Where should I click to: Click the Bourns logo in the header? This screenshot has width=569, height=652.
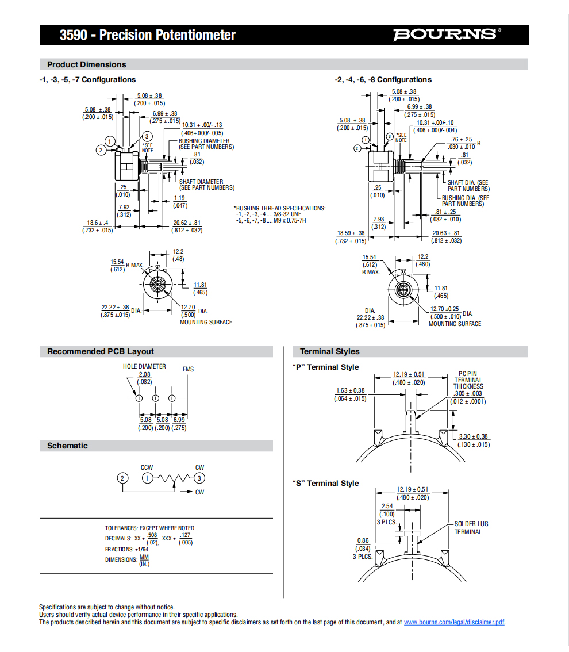447,34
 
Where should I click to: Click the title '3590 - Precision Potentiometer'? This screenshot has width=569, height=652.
148,35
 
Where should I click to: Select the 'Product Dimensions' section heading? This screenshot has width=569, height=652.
86,64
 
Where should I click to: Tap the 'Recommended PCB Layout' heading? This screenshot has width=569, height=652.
101,351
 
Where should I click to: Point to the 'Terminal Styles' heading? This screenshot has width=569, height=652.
329,351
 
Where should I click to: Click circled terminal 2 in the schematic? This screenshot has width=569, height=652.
122,478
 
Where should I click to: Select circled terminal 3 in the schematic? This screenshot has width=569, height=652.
199,478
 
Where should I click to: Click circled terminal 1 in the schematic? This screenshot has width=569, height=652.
147,478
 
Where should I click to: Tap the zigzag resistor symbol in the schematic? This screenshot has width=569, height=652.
174,479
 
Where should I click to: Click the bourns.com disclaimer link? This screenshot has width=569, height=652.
454,622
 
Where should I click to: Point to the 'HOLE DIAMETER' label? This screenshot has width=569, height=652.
144,366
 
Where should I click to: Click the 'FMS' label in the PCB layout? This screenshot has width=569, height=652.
189,369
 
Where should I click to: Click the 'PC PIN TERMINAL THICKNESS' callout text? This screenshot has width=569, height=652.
468,380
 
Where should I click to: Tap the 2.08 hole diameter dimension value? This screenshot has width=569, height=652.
145,374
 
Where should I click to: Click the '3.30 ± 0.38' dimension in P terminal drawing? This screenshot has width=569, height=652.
474,436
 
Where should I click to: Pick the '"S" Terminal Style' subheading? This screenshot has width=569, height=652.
325,483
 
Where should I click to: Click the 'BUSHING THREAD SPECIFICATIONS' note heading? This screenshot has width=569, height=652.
280,208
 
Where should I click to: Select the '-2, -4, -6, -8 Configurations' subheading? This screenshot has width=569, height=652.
383,79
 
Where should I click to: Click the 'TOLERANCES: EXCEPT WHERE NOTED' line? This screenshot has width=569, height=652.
149,528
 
